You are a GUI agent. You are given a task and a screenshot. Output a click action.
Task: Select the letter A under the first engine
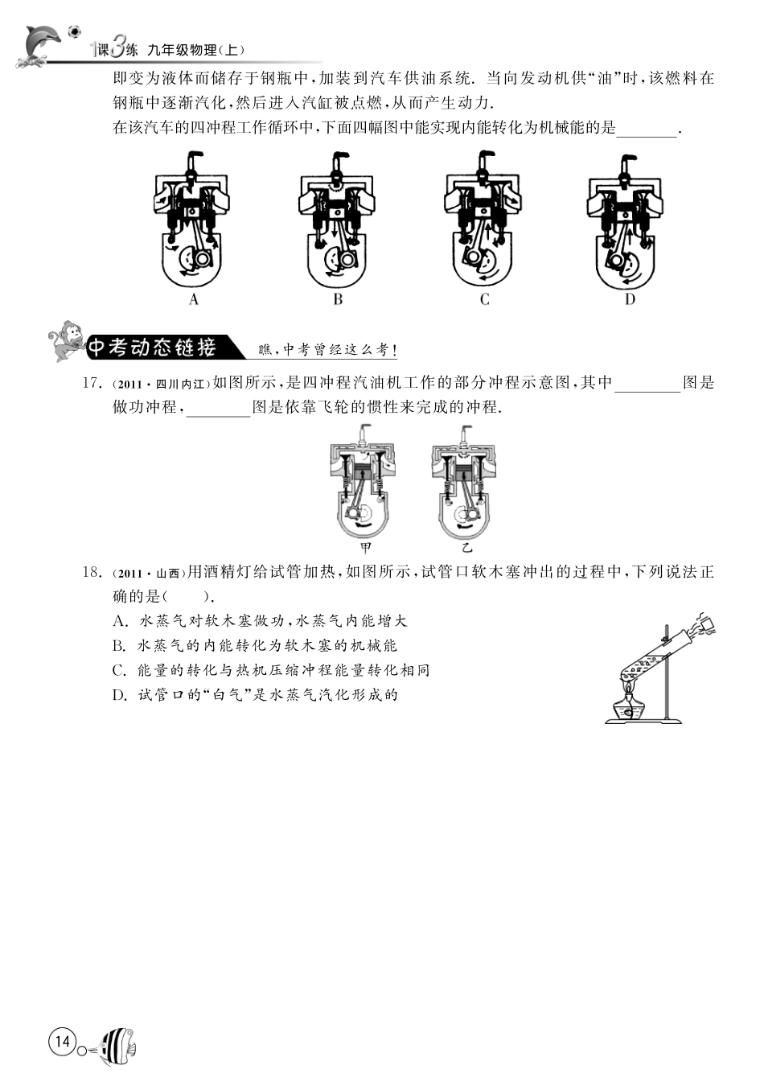[194, 299]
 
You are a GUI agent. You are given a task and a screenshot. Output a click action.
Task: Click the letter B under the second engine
[338, 299]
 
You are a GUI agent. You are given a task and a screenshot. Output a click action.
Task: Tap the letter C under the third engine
[484, 299]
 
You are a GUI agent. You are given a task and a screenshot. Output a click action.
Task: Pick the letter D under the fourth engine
[631, 299]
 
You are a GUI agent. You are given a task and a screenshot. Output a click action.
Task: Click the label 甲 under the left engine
[366, 547]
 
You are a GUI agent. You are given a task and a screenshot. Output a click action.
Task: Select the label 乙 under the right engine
[466, 547]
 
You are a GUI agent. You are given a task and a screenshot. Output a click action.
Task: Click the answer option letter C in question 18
[119, 670]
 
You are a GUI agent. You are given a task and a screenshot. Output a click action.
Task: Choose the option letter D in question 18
[119, 695]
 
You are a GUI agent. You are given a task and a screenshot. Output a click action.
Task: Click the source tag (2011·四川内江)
[162, 384]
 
